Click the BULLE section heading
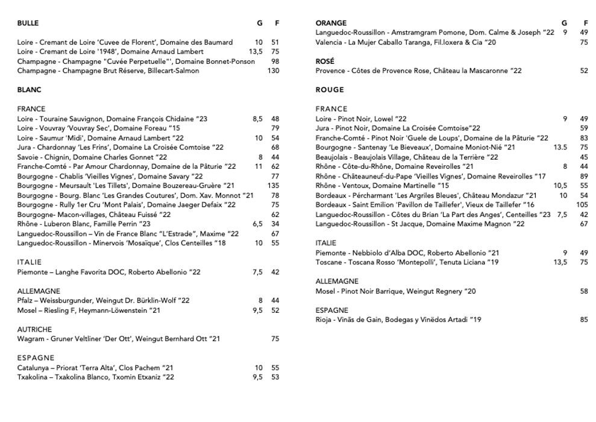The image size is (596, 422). click(28, 24)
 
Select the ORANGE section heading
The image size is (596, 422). click(331, 24)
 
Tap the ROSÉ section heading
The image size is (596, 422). click(325, 61)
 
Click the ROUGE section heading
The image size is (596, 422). click(330, 90)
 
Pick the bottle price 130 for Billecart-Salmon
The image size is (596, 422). click(274, 71)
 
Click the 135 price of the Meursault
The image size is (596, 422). click(274, 186)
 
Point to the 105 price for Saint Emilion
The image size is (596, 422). click(582, 205)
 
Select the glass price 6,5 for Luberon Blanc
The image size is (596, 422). click(257, 224)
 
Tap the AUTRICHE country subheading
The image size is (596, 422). click(34, 330)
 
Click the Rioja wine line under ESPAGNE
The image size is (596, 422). click(398, 320)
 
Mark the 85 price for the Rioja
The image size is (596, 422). click(584, 320)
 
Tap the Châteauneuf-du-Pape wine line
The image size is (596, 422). click(430, 177)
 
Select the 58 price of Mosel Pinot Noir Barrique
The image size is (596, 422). click(584, 291)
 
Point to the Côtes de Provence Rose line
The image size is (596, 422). click(418, 71)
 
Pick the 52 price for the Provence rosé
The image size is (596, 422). click(584, 71)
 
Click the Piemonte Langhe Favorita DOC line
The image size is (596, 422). click(109, 272)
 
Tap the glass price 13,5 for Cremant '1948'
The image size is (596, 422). click(256, 52)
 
